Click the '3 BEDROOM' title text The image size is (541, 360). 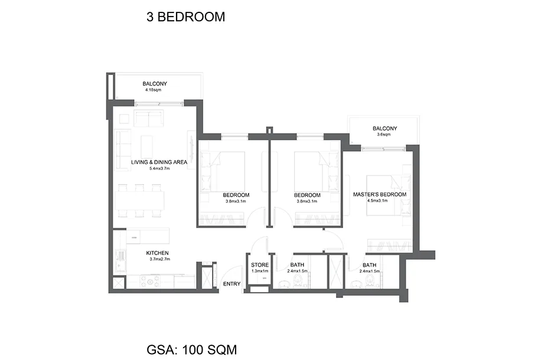point(185,17)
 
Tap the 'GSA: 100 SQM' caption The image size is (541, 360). point(192,349)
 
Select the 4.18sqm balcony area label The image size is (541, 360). point(153,90)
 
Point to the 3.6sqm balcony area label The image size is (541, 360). point(384,135)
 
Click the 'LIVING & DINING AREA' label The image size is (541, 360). point(159,162)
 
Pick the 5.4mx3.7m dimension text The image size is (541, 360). point(159,169)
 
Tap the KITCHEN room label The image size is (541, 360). point(157,253)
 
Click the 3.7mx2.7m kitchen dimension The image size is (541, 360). point(159,259)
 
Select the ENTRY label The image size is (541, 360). point(232,284)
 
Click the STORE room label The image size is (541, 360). point(260,265)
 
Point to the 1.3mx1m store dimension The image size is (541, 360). point(260,271)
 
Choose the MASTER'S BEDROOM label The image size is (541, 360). point(380,195)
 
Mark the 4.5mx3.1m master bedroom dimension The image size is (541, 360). point(377,201)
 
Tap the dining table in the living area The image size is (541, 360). point(139,201)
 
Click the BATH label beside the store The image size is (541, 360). point(297,265)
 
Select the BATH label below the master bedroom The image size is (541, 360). point(370,265)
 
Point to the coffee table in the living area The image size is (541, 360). point(147,146)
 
